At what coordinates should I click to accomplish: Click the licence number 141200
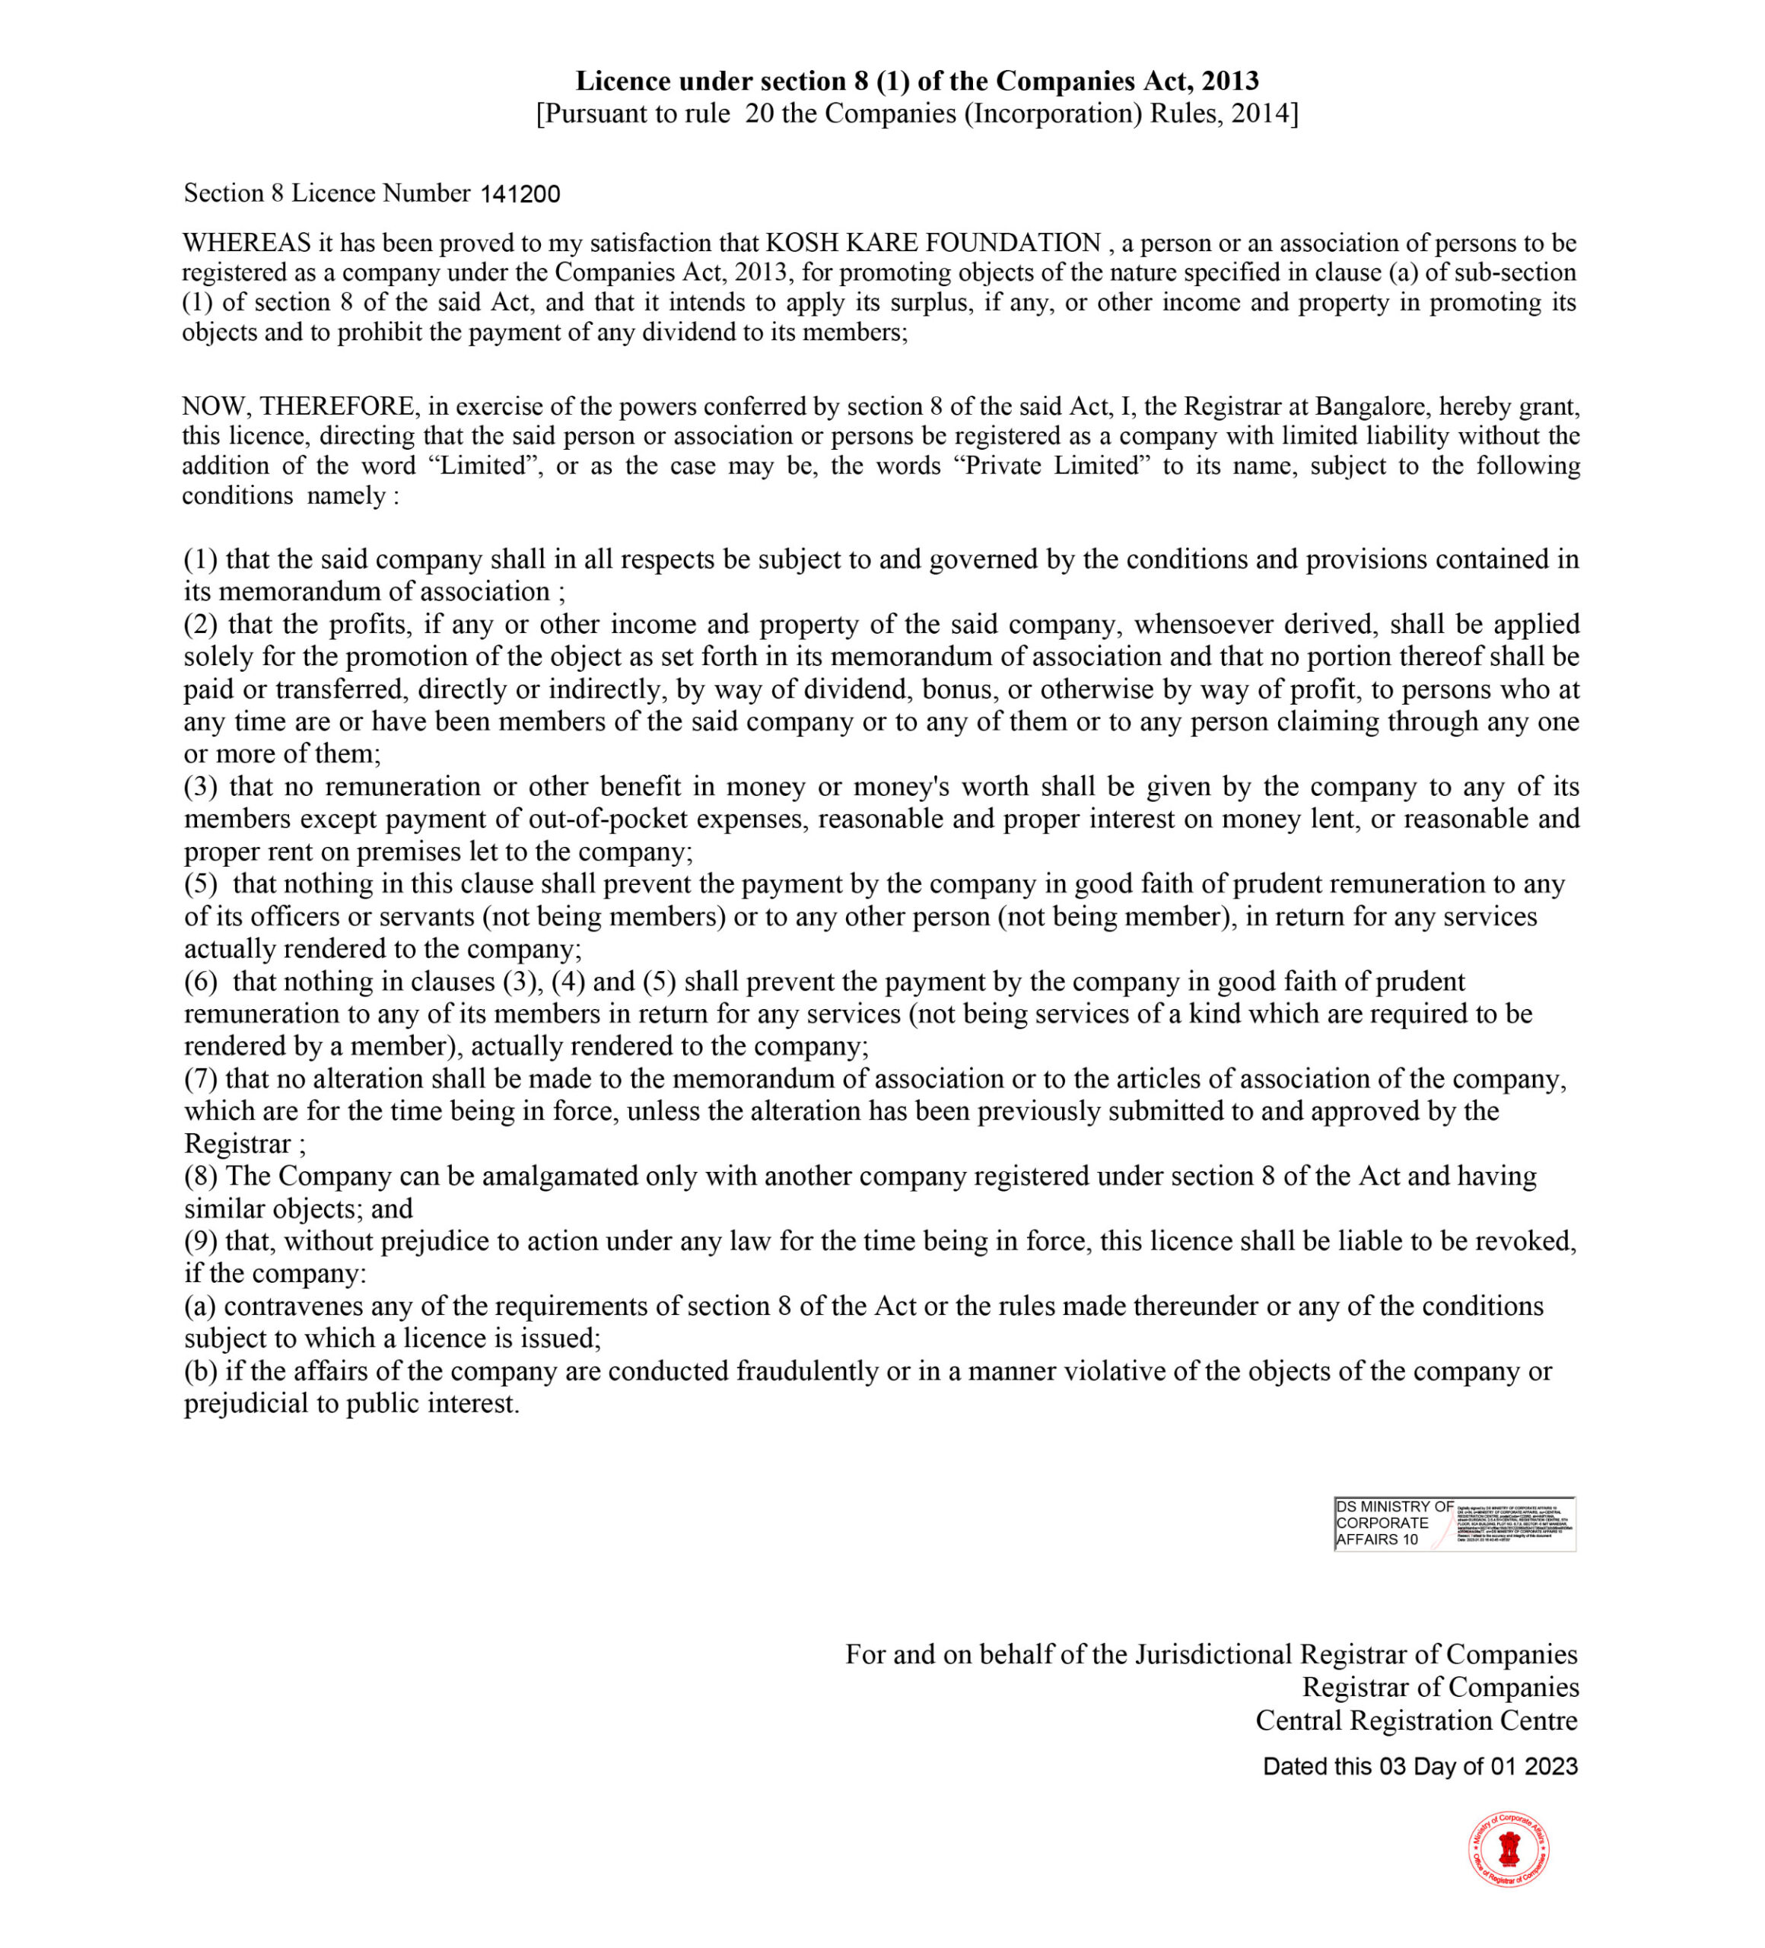click(x=520, y=194)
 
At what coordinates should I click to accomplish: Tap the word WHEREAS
click(x=246, y=243)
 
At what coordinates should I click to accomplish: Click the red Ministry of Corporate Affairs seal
click(x=1508, y=1848)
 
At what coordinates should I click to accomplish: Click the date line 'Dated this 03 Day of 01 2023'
click(x=1419, y=1766)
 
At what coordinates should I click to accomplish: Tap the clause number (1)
click(x=201, y=559)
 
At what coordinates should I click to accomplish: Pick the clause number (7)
click(x=201, y=1078)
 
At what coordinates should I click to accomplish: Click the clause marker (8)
click(x=201, y=1176)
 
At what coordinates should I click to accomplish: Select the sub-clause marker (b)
click(x=201, y=1371)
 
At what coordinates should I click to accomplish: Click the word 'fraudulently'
click(x=809, y=1371)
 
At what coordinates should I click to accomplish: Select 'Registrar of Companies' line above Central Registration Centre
click(x=1439, y=1687)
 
